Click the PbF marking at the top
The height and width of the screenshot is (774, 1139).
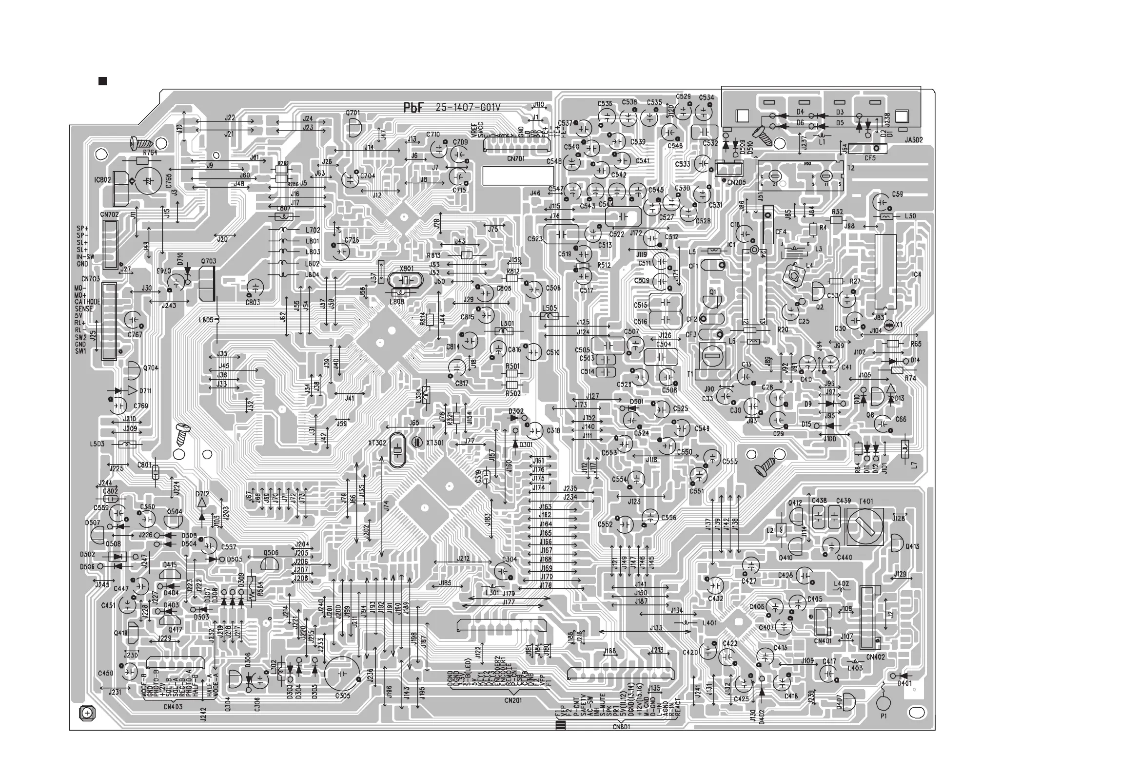[412, 108]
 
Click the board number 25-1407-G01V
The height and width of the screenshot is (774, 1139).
[468, 108]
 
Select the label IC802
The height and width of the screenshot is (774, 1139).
[102, 180]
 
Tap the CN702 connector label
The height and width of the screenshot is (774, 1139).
[109, 214]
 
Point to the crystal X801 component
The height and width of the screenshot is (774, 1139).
[405, 281]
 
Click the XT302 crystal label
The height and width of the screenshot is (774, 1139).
[377, 443]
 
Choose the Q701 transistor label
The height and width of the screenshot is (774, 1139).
[353, 113]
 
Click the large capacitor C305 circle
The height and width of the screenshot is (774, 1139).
[342, 674]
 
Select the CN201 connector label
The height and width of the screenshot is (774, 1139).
[512, 700]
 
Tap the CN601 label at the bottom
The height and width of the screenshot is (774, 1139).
[621, 727]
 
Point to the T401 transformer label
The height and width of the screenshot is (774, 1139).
[866, 501]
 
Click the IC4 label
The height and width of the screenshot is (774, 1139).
[916, 274]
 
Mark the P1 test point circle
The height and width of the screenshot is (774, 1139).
[884, 704]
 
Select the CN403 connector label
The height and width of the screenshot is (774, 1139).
[173, 707]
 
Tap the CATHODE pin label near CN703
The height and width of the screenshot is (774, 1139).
[87, 302]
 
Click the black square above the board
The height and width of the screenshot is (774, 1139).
[102, 81]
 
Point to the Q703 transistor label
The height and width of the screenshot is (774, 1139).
[208, 262]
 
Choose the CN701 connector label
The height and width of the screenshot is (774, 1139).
[515, 159]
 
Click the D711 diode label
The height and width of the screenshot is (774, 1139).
[145, 391]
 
